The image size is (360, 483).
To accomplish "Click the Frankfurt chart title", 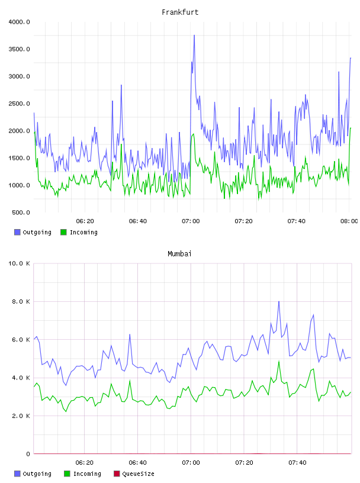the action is (180, 12).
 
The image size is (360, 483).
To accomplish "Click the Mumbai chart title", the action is (179, 254).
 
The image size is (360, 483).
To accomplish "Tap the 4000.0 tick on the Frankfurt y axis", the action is (20, 22).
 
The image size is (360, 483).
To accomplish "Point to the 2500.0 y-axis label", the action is (20, 104).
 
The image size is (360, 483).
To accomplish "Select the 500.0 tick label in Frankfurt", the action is (21, 212).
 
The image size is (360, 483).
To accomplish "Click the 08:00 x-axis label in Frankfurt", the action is (349, 221).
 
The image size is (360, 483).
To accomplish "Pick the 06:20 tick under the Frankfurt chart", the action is (85, 221).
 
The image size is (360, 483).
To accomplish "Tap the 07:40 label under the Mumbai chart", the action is (297, 463).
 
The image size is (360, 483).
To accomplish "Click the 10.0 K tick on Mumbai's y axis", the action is (20, 263).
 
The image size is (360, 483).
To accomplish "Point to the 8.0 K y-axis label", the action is (21, 301).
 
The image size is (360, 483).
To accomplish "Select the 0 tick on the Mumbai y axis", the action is (28, 454).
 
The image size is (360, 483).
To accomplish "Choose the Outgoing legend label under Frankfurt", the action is (37, 232).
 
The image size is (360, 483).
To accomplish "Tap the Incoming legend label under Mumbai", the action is (87, 474).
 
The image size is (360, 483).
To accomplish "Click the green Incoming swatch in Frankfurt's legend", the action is (63, 232).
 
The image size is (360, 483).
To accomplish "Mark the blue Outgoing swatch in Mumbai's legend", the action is (17, 474).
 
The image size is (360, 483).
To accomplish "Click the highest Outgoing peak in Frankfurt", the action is (194, 36).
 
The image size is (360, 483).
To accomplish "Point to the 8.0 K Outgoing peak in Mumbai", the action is (279, 301).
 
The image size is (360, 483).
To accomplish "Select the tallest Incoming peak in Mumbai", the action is (279, 361).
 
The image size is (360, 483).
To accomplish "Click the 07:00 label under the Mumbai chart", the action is (191, 463).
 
